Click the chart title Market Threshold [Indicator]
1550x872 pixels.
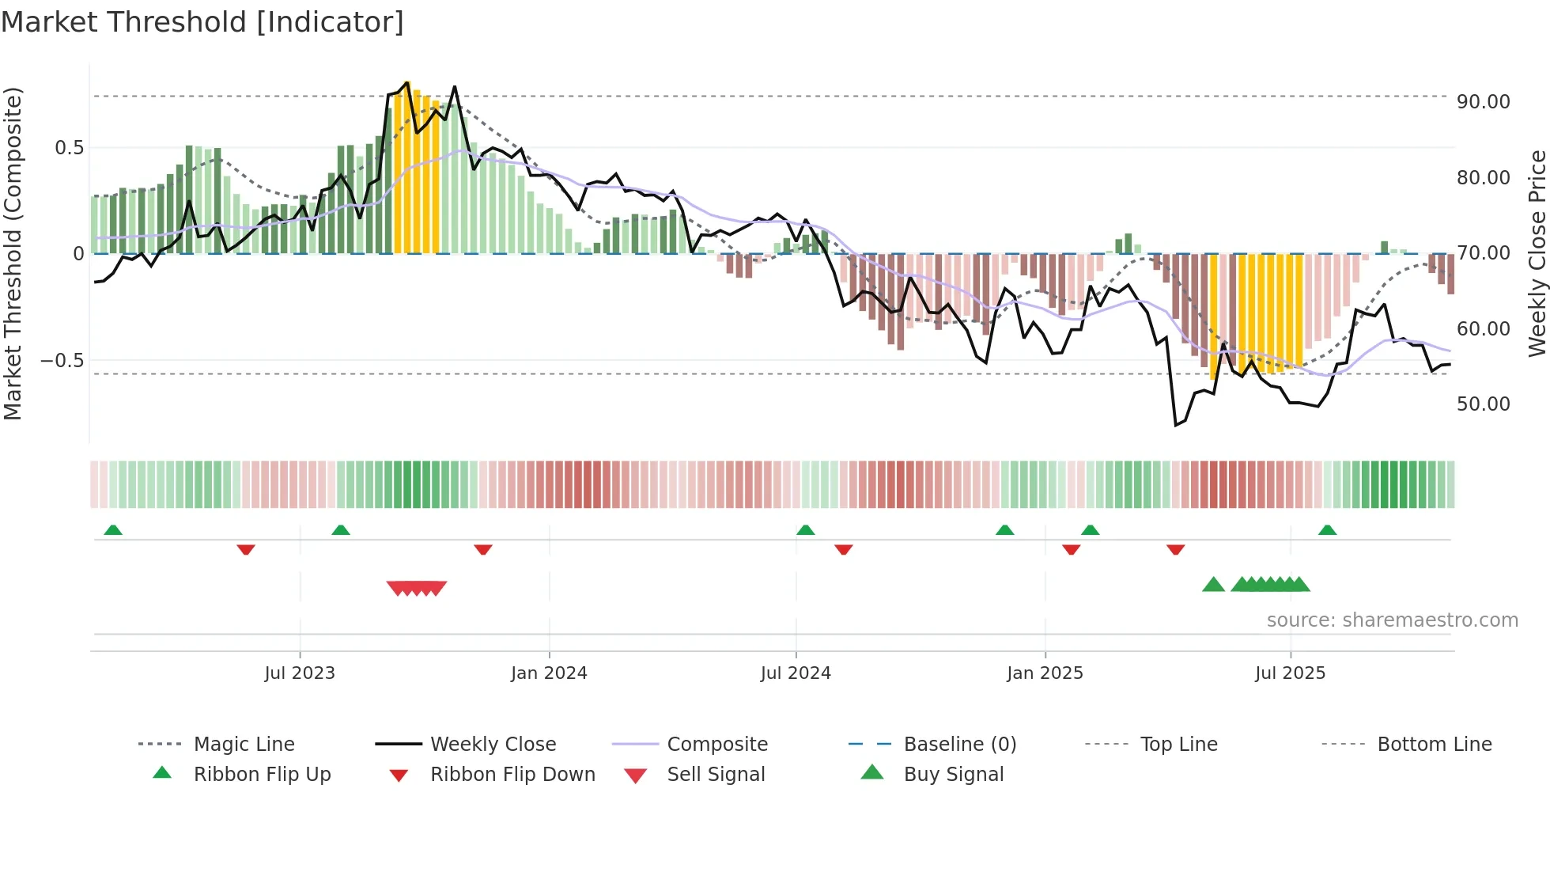[202, 22]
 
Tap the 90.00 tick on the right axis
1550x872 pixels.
[1483, 102]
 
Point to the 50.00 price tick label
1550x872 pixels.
[1483, 404]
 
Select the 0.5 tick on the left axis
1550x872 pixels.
[70, 148]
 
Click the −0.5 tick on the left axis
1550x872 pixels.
[62, 361]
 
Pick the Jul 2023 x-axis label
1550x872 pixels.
[300, 673]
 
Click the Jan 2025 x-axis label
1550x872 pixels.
[1045, 673]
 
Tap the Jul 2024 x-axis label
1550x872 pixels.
[796, 673]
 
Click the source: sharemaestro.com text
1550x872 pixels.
[1392, 620]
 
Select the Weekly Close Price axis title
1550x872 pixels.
[1537, 253]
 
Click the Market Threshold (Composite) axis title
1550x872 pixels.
[13, 253]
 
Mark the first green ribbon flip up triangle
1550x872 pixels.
[113, 530]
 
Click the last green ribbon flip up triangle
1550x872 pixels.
[1327, 530]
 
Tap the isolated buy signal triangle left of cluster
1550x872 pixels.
[1213, 585]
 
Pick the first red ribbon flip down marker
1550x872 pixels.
[246, 549]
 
